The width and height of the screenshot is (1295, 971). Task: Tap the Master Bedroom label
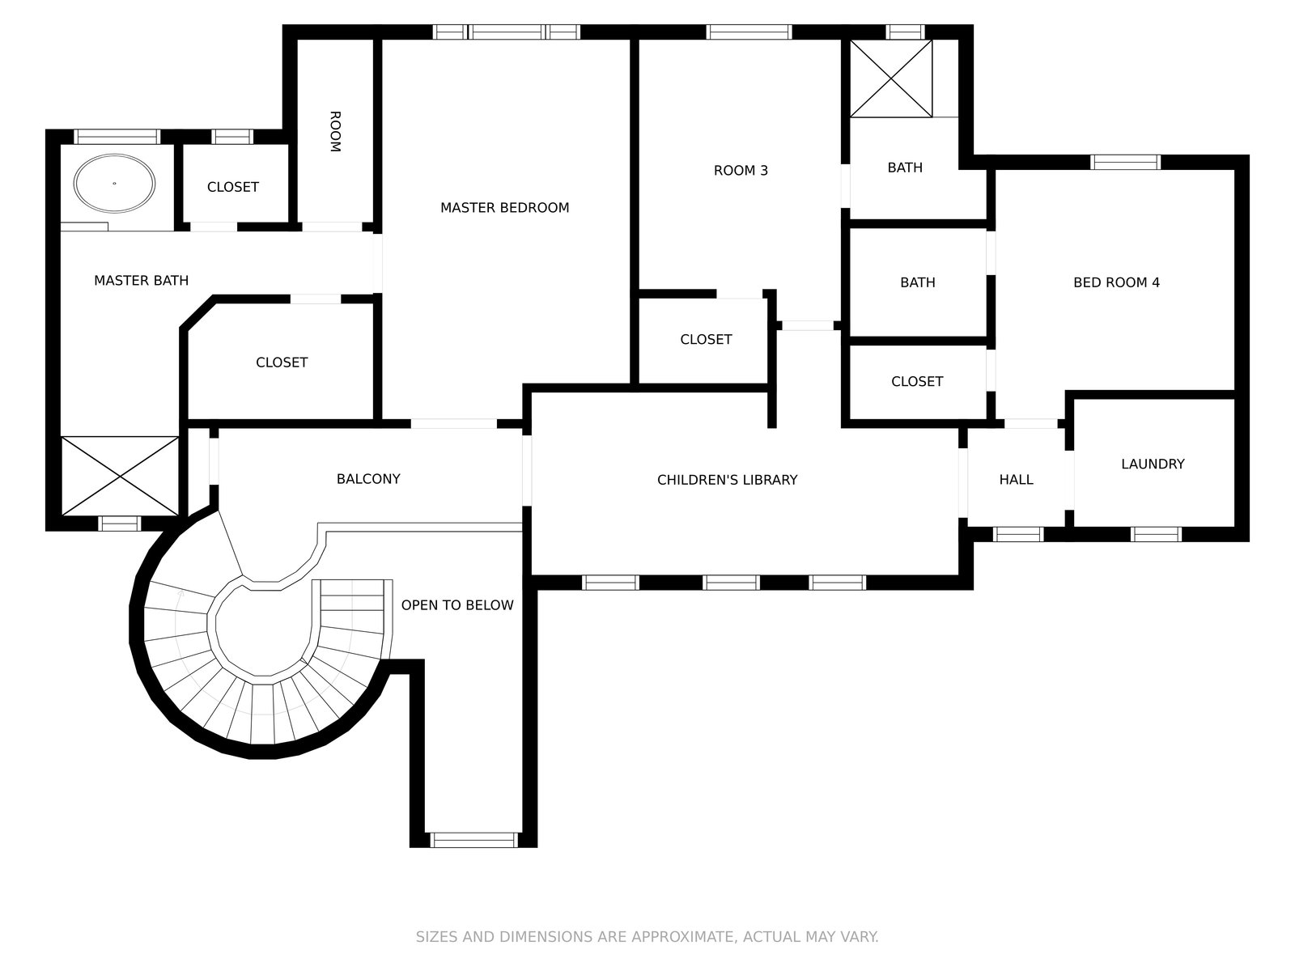click(x=504, y=208)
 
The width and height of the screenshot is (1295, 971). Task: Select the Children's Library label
click(x=727, y=480)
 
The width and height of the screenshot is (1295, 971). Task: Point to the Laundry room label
click(x=1153, y=464)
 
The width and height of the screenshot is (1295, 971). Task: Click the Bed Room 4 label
click(x=1116, y=282)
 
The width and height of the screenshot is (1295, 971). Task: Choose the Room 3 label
click(x=741, y=171)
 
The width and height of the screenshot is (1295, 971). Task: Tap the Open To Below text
click(x=457, y=604)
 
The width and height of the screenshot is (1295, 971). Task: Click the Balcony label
click(x=368, y=479)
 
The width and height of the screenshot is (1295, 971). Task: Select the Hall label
click(x=1016, y=480)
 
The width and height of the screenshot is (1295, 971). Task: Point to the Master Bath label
click(x=141, y=281)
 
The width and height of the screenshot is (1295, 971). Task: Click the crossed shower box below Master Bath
click(x=120, y=475)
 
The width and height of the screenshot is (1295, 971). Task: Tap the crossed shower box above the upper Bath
click(x=890, y=78)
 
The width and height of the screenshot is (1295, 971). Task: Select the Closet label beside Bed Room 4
click(x=916, y=381)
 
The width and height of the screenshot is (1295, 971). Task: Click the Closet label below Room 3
click(x=706, y=340)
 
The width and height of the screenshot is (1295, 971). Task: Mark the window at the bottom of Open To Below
click(x=473, y=839)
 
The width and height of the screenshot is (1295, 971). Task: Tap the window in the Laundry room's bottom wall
click(x=1156, y=534)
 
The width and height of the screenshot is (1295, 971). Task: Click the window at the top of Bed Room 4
click(x=1125, y=162)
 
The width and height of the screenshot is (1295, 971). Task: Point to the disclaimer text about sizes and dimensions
click(x=647, y=937)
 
